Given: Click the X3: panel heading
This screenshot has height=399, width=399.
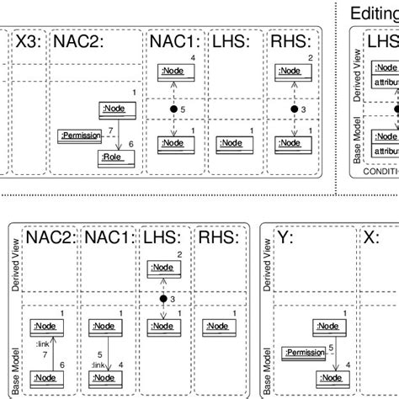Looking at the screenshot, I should tap(28, 40).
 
